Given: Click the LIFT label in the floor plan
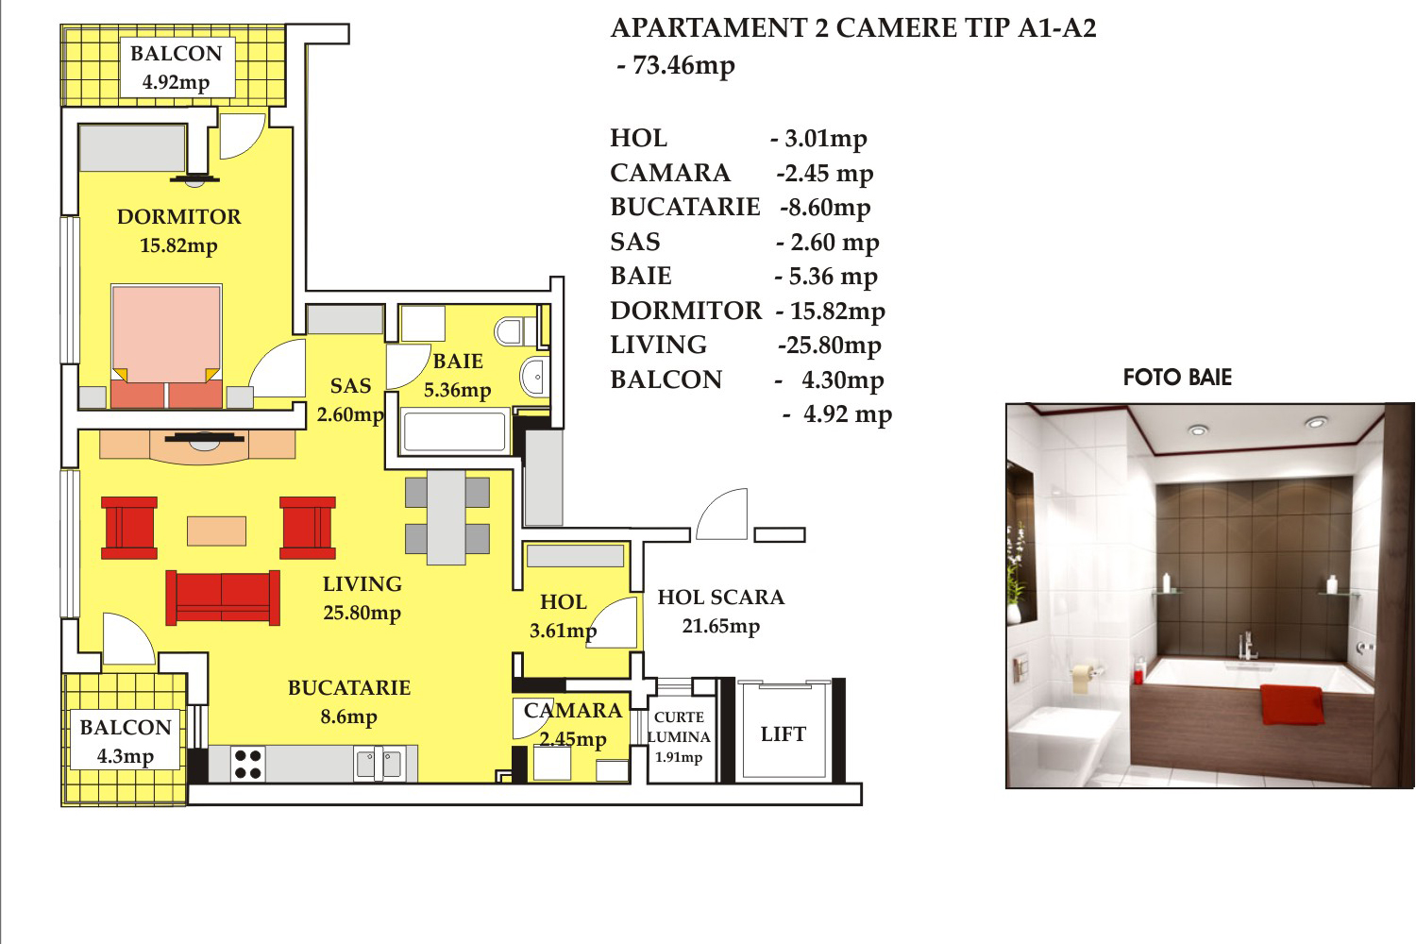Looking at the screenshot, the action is tap(784, 734).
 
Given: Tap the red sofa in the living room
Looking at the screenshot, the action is tap(223, 598).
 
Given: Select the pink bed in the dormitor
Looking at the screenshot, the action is tap(167, 346).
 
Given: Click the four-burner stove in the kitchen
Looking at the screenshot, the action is tap(247, 764).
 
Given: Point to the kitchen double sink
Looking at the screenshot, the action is tap(379, 764).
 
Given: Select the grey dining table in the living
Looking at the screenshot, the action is tap(447, 517).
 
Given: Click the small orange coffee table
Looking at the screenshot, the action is tap(216, 531).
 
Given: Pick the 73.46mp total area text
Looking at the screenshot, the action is tap(677, 66).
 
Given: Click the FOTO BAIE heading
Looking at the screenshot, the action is tap(1177, 378).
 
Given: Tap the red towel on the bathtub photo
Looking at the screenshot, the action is tap(1292, 703).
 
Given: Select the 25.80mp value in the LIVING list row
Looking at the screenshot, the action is tap(830, 346).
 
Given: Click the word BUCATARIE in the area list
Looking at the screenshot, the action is tap(685, 208).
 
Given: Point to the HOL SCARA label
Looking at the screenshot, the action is tap(720, 598).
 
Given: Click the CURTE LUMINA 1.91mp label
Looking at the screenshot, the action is tap(679, 737).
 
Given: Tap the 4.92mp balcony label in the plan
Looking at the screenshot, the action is tap(176, 83).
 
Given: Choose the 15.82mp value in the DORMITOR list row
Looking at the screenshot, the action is tap(831, 312).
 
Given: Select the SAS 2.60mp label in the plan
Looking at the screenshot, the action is tap(350, 400).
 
